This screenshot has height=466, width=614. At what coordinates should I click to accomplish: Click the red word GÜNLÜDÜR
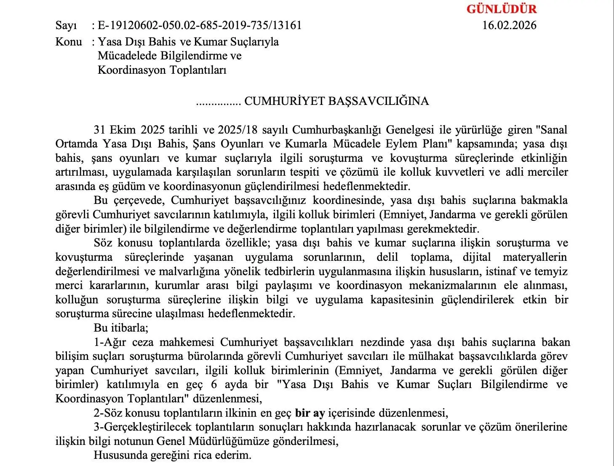point(501,9)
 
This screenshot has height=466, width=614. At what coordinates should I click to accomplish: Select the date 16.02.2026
point(509,25)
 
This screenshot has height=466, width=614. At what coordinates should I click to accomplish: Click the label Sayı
point(66,26)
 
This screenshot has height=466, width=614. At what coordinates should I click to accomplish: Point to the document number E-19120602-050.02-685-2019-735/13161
point(200,26)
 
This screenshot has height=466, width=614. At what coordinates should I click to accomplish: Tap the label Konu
point(68,42)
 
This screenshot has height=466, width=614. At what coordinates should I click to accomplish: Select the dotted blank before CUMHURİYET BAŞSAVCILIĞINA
point(218,102)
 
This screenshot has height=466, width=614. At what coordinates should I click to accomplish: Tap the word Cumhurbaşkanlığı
point(337,129)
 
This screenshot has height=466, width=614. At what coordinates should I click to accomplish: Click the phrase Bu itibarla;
point(120,328)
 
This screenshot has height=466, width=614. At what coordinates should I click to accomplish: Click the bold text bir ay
point(310,413)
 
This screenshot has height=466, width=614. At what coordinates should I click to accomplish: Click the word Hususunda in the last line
point(117,455)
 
